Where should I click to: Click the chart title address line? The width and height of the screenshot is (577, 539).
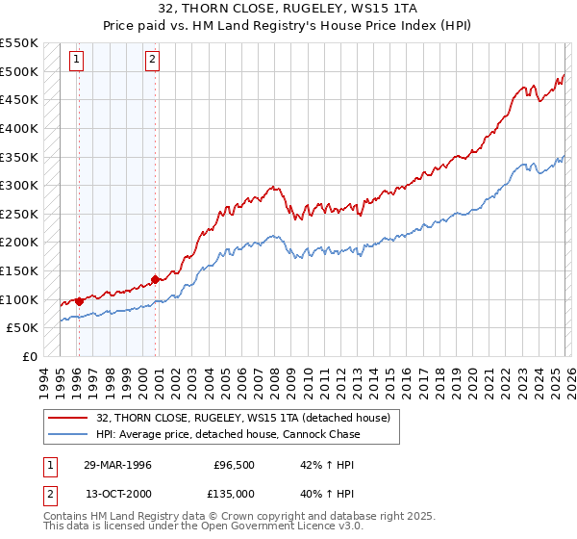(x=288, y=10)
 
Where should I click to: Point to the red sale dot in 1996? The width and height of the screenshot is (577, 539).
(x=78, y=301)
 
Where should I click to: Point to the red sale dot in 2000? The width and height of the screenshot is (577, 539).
(x=155, y=279)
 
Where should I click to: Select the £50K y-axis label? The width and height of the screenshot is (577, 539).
(x=22, y=328)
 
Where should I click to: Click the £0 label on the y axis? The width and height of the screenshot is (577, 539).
(x=30, y=356)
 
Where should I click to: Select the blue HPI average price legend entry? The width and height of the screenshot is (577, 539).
(x=228, y=434)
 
